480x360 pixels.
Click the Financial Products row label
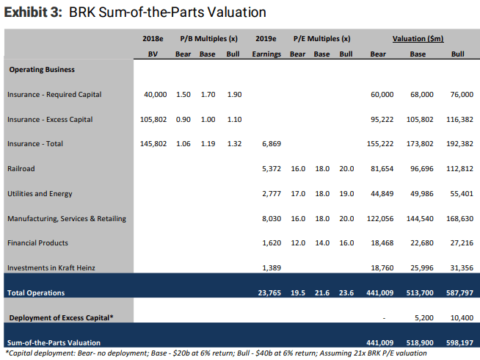click(x=37, y=243)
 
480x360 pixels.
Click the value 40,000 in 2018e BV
click(x=155, y=95)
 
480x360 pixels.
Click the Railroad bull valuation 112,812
click(x=457, y=169)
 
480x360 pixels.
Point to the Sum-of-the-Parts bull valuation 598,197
click(x=457, y=342)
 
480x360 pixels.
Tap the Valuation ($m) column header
click(x=418, y=38)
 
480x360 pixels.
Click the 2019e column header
click(x=266, y=38)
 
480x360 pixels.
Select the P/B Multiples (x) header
click(x=208, y=38)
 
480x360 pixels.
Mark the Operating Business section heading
click(x=42, y=70)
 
